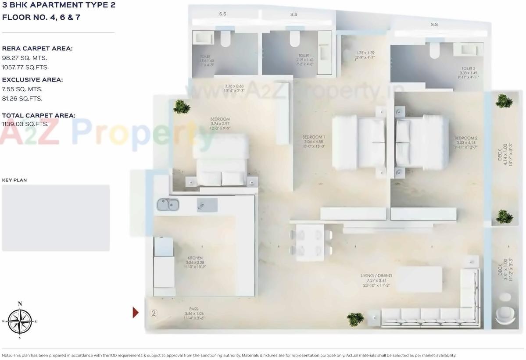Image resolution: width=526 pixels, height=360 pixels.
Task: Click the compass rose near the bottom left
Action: [20, 321]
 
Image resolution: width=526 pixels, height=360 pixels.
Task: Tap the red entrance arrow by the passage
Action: [136, 312]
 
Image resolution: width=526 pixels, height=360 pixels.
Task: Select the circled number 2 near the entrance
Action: [154, 313]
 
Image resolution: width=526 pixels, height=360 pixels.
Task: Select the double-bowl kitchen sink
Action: [168, 204]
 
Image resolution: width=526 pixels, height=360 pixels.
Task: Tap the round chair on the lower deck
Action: [505, 315]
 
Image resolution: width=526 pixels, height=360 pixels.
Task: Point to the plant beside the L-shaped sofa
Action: [355, 318]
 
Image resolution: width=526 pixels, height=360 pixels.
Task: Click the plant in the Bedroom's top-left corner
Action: [181, 107]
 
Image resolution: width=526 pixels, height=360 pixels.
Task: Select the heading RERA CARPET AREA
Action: [37, 49]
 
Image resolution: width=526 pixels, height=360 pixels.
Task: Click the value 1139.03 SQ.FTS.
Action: [25, 124]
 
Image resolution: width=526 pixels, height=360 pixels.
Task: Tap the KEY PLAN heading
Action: [14, 180]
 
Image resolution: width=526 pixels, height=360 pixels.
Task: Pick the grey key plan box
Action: [56, 218]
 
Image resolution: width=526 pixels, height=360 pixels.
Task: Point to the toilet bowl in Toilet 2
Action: [434, 50]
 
